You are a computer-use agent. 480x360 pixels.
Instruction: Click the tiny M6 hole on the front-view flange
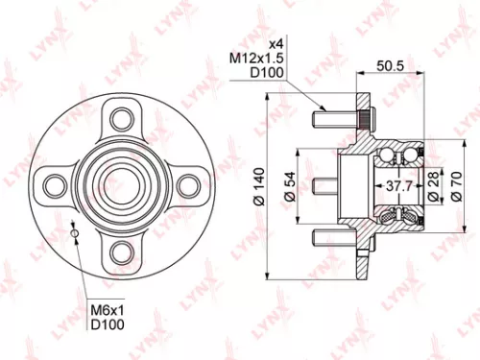(75, 231)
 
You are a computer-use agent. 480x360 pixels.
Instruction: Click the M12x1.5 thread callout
(259, 60)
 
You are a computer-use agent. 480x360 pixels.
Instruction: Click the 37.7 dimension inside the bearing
(396, 186)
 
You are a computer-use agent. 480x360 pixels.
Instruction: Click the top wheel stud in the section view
(332, 120)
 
